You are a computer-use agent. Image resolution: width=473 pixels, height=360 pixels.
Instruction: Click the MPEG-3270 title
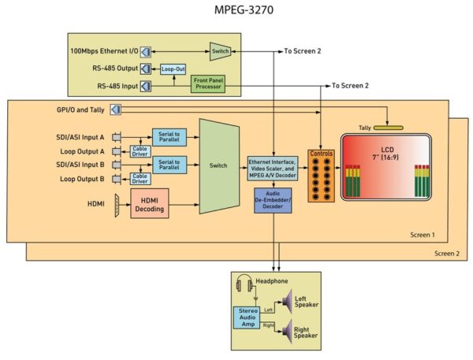(244, 9)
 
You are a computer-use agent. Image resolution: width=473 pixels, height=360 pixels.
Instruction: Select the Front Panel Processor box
(208, 84)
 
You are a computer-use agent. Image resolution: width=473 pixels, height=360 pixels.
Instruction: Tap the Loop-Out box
(173, 69)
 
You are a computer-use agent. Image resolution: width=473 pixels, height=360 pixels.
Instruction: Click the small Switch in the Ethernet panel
(220, 51)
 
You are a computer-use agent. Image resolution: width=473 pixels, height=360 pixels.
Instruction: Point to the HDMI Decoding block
(150, 203)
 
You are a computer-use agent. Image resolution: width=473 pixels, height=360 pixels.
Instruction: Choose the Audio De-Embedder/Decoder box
(273, 201)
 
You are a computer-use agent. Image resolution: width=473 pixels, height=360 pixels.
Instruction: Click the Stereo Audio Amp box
(247, 317)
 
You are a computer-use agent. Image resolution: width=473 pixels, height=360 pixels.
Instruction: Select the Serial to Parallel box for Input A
(169, 137)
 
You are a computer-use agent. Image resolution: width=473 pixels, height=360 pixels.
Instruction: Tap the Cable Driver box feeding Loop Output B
(140, 179)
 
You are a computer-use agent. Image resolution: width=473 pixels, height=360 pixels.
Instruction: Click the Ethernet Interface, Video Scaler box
(273, 169)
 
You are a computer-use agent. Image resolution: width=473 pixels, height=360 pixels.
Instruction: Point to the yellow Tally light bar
(388, 128)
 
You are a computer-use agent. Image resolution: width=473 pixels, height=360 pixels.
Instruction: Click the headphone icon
(244, 283)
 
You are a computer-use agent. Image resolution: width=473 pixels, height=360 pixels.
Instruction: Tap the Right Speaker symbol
(287, 332)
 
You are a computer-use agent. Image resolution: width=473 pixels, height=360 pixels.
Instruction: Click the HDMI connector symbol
(117, 206)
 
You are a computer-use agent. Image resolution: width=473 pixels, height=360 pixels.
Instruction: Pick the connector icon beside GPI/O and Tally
(116, 109)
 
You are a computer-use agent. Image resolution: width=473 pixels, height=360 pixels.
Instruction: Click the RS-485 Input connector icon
(146, 87)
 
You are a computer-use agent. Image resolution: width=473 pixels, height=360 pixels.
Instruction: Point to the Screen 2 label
(447, 254)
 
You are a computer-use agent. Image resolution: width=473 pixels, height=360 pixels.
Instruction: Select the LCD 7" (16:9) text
(387, 154)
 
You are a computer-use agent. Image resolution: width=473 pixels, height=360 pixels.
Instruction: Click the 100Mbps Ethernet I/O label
(104, 51)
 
